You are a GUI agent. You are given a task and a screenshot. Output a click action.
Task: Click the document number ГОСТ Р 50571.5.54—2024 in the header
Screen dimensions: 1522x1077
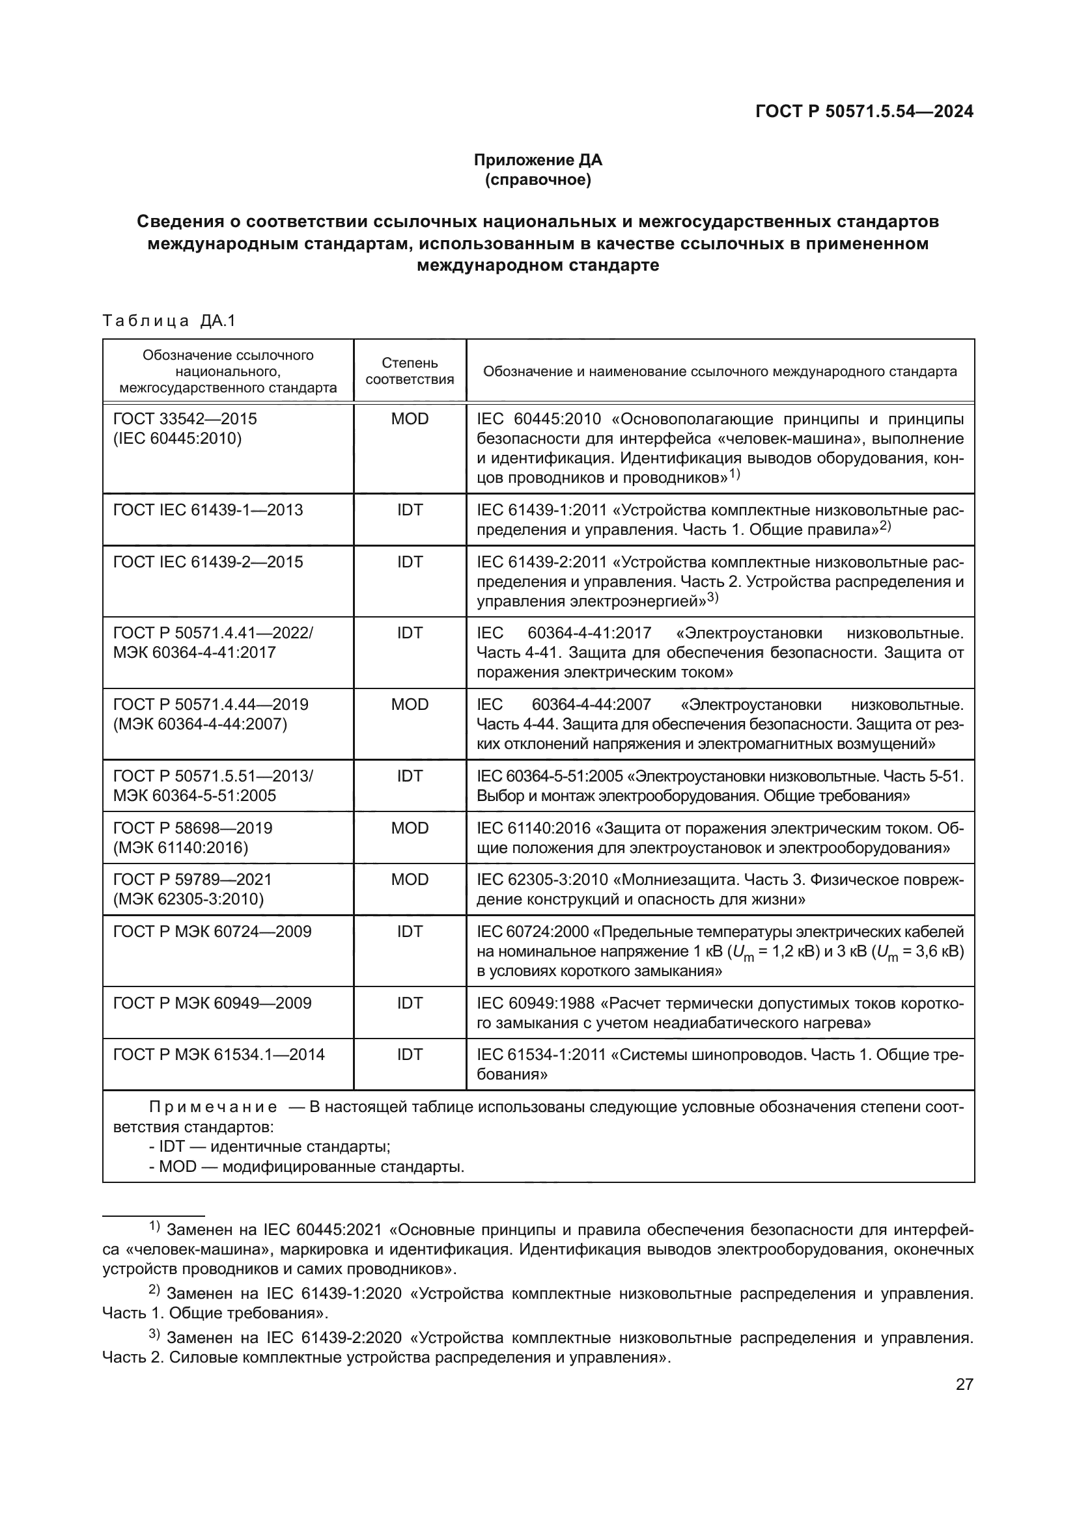tap(864, 111)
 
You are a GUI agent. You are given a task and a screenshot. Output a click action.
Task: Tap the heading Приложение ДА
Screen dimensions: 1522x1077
tap(537, 160)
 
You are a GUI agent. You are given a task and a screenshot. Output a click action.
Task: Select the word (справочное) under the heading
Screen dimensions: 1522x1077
tap(537, 180)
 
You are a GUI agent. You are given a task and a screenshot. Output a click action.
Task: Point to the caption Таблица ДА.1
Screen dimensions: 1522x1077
tap(169, 321)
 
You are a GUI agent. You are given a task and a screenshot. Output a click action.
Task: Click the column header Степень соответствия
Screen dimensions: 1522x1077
tap(409, 371)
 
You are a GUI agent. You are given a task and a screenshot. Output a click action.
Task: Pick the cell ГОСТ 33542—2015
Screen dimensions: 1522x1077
tap(185, 419)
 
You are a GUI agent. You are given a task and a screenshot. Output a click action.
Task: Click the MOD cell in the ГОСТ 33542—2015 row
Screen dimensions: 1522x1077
tap(409, 419)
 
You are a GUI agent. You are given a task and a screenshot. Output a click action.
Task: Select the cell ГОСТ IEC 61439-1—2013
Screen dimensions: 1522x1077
tap(208, 510)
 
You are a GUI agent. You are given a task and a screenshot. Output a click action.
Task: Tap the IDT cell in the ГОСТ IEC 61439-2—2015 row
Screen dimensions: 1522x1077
tap(409, 562)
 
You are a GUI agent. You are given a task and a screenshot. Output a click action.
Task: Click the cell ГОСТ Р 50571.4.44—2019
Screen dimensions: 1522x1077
tap(211, 704)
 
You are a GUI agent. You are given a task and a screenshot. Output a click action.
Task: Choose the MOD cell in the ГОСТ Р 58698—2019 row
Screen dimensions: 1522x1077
tap(409, 828)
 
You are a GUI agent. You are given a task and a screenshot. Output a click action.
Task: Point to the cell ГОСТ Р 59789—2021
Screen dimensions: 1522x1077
tap(192, 880)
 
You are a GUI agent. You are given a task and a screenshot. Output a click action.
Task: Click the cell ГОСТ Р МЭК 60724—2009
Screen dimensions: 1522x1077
tap(212, 931)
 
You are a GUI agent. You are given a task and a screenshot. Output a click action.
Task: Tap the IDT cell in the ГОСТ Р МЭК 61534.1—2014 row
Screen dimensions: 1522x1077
tap(409, 1055)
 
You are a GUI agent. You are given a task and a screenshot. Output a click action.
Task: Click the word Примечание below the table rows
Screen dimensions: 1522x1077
tap(213, 1107)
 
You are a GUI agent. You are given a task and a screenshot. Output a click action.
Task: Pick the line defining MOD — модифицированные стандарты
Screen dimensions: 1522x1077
tap(307, 1166)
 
